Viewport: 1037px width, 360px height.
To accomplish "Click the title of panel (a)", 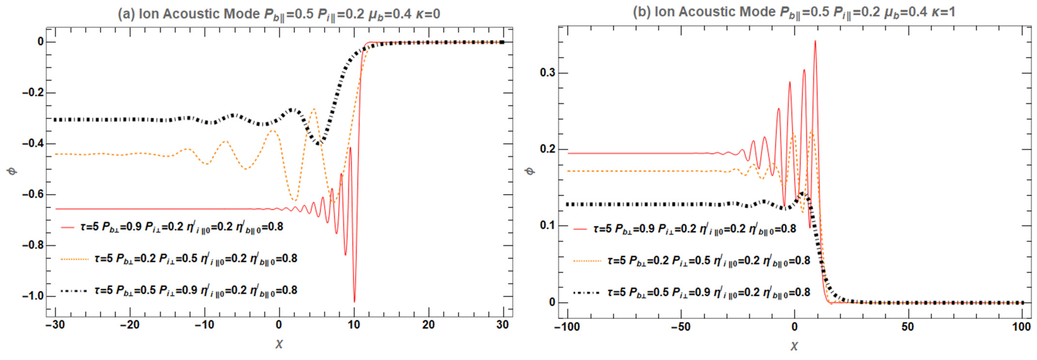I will (x=279, y=14).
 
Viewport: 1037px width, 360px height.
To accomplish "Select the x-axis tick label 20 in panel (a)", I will (x=428, y=325).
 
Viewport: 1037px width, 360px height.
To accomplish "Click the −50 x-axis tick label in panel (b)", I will (x=681, y=327).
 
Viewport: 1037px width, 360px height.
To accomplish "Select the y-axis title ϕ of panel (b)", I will (x=531, y=171).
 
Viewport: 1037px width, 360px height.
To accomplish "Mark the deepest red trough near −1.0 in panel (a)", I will (x=354, y=301).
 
